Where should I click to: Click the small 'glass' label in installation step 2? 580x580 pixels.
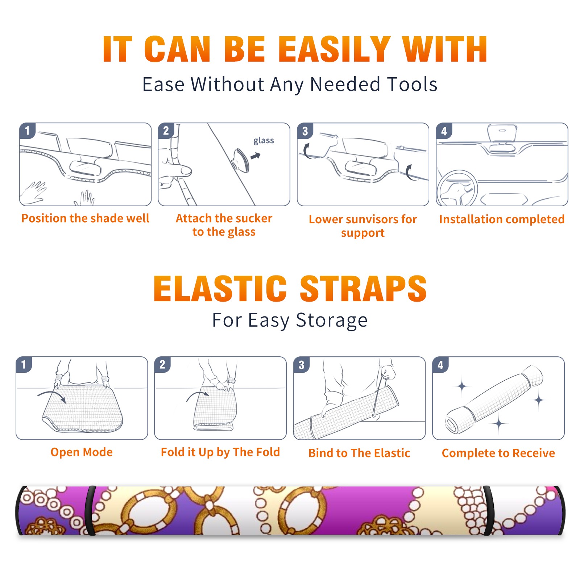(264, 141)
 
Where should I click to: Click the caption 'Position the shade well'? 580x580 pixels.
(85, 218)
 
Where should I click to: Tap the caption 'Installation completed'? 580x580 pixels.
(502, 219)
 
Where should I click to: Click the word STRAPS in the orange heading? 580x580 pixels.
(363, 289)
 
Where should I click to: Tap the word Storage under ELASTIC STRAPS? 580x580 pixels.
(332, 321)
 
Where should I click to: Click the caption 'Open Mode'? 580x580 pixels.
(82, 452)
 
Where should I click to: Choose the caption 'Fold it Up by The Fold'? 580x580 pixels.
(220, 452)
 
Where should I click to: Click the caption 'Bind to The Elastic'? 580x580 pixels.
(359, 453)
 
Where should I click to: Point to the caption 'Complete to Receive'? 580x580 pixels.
(498, 453)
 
